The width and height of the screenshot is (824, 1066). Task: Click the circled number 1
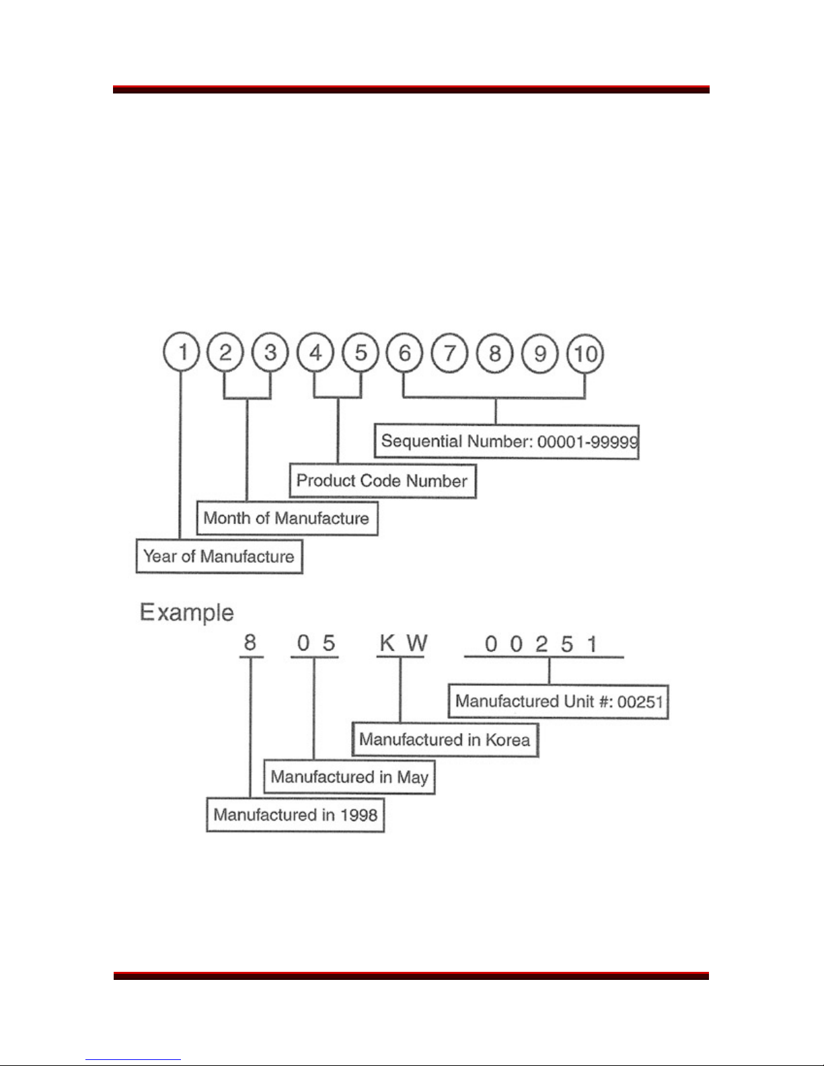click(x=182, y=352)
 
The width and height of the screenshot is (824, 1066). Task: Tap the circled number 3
click(x=270, y=352)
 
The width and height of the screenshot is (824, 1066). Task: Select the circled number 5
click(x=361, y=352)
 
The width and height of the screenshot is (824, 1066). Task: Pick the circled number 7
click(x=450, y=353)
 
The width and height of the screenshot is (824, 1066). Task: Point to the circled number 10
click(x=585, y=353)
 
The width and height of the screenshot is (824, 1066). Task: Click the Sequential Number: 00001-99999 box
click(x=507, y=442)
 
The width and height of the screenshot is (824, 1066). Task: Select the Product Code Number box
click(x=382, y=481)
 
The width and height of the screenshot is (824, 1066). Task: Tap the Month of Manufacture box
click(x=287, y=519)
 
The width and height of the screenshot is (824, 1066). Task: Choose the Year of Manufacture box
click(x=219, y=556)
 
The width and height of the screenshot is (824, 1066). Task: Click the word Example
click(x=186, y=613)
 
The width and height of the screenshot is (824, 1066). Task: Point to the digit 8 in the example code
click(x=250, y=643)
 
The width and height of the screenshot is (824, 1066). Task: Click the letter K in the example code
click(x=387, y=644)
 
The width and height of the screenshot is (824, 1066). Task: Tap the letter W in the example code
click(x=416, y=644)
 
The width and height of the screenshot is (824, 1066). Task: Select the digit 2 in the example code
click(x=541, y=644)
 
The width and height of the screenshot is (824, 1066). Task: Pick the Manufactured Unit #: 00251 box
click(x=558, y=701)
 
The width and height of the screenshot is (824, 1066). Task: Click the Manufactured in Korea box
click(x=445, y=740)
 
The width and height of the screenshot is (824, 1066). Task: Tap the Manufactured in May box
click(x=349, y=777)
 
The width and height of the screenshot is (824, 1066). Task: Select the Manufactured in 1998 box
click(x=295, y=815)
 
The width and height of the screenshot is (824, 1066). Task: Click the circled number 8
click(x=495, y=353)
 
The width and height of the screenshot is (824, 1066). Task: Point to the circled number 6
click(x=405, y=352)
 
